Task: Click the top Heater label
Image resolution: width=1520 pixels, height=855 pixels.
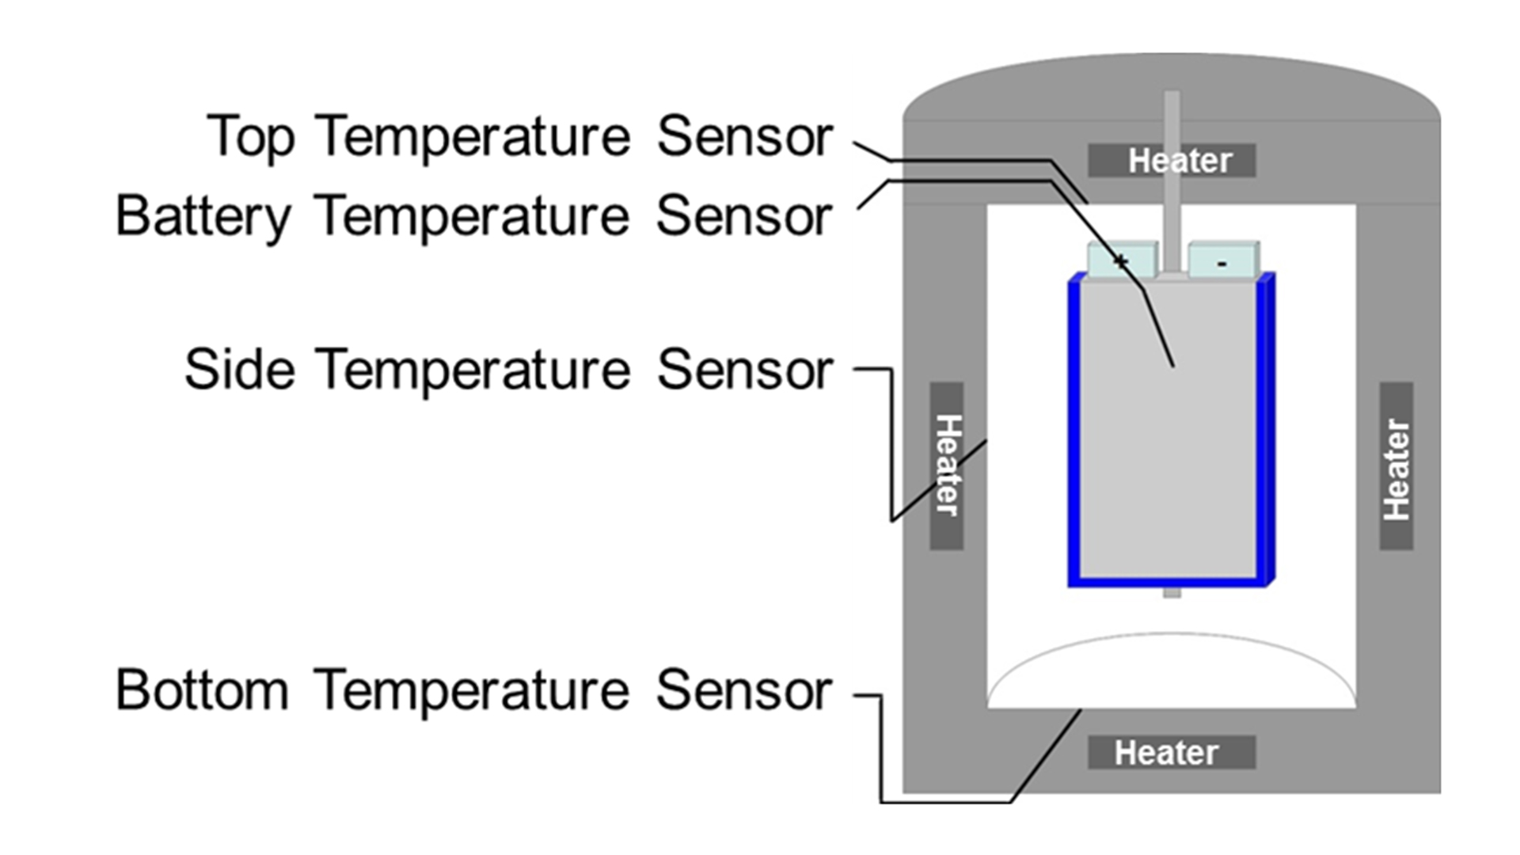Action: pos(1172,161)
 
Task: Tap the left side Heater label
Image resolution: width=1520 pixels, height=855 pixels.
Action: pos(947,465)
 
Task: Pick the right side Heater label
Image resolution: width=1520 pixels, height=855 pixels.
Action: pos(1396,467)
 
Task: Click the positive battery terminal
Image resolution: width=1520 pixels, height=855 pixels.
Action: pos(1122,260)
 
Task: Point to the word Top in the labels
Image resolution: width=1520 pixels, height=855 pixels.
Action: pos(250,136)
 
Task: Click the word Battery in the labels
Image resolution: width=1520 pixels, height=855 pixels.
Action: pos(203,216)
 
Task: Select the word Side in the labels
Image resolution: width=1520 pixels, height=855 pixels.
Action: pos(240,370)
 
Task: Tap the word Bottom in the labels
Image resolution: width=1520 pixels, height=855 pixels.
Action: pos(203,690)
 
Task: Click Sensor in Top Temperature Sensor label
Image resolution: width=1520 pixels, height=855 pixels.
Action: pos(745,136)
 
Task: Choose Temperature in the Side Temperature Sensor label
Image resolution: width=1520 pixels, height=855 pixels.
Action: pos(473,370)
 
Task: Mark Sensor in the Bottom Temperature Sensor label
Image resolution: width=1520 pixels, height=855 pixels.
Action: pos(744,690)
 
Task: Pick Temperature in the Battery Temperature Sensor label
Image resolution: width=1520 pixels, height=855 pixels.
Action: pos(472,216)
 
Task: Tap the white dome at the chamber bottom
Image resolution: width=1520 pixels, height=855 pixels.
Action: pos(1172,673)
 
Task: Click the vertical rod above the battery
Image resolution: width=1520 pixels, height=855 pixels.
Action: pos(1172,182)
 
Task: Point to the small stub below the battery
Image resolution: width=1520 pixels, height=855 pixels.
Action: pos(1172,592)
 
